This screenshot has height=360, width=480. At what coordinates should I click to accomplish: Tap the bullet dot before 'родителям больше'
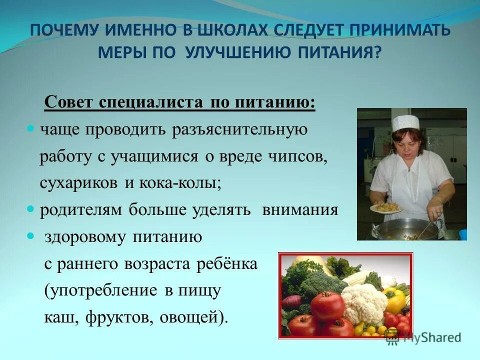point(30,209)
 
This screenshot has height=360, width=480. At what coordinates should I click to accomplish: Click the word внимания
point(300,209)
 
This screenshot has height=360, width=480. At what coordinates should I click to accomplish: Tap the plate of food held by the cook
point(385,206)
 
